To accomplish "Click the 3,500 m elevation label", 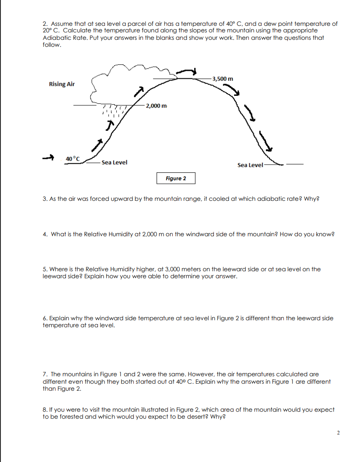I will [223, 79].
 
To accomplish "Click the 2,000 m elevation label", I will [156, 106].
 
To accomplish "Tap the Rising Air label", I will [62, 84].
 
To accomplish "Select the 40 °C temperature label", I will [73, 158].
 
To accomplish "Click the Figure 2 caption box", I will [176, 178].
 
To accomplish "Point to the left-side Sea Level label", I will [114, 162].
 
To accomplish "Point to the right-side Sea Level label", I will [250, 165].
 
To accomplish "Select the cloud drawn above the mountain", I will [127, 83].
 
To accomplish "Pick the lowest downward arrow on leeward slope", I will [266, 141].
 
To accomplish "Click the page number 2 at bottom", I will [338, 433].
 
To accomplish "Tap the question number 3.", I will [45, 199].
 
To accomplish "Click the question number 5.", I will [45, 269].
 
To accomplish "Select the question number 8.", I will [45, 409].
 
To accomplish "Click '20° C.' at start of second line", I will [52, 31].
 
